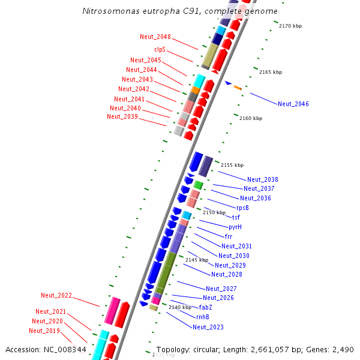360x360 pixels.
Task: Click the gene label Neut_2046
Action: coord(293,104)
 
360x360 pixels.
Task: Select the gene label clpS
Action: coord(160,49)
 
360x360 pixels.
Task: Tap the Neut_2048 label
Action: coord(155,37)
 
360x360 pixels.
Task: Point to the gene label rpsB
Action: coord(242,208)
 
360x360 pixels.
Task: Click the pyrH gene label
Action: coord(235,227)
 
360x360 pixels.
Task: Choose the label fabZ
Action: coord(206,307)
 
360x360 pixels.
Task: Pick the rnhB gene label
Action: coord(202,317)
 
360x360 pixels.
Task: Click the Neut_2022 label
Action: coord(56,295)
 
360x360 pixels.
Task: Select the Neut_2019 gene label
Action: coord(44,331)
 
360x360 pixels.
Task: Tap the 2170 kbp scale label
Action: coord(293,26)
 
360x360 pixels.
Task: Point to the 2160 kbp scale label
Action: coord(251,118)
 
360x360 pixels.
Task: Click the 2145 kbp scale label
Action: coord(197,260)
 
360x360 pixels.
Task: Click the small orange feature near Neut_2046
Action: coord(238,88)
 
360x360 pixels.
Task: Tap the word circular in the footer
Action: coord(208,349)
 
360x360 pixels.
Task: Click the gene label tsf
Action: coord(236,217)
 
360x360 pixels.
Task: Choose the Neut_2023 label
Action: coord(208,327)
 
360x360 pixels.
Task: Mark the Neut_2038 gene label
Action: coord(263,179)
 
